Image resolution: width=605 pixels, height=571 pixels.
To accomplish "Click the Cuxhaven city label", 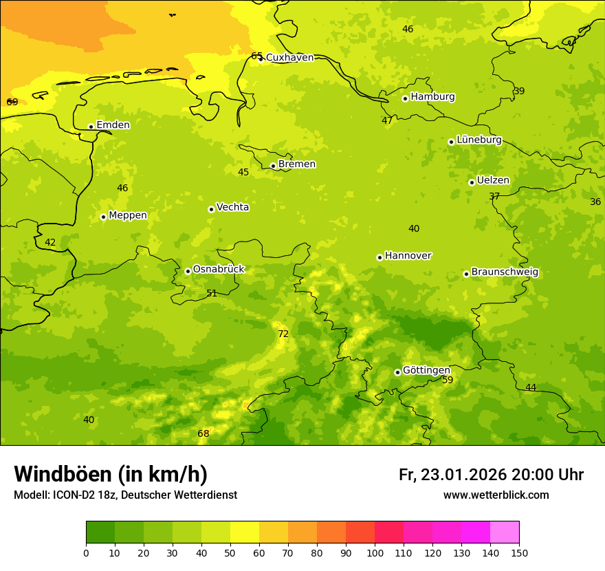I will tap(289, 58).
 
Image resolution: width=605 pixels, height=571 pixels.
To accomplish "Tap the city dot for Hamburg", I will tap(405, 98).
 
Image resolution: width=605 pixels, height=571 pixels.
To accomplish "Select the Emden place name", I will tap(113, 125).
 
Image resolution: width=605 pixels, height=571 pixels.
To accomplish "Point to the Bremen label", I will tap(297, 164).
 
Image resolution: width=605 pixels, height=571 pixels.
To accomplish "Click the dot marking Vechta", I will tap(211, 209).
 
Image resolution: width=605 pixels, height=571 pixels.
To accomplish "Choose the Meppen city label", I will tap(128, 215).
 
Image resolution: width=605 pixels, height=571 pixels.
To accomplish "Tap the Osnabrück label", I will tap(219, 270).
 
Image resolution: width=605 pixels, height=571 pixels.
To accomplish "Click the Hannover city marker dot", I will tap(379, 257).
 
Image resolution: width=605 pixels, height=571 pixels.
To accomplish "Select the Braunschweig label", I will tap(505, 272).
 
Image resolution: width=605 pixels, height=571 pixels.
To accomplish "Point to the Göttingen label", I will tap(426, 370).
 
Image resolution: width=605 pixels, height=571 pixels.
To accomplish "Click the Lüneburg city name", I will tap(479, 140).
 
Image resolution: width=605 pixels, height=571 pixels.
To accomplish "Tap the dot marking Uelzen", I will tap(472, 182).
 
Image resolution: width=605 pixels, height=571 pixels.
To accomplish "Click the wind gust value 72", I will tap(283, 334).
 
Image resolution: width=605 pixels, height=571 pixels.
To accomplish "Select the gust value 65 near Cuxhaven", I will tap(256, 56).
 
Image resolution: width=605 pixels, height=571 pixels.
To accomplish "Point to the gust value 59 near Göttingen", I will tap(448, 380).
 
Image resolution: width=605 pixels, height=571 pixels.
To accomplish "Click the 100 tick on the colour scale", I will tap(375, 552).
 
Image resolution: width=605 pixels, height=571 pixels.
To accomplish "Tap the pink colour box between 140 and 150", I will tap(505, 532).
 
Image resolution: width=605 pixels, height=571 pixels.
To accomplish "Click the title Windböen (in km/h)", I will tap(111, 474).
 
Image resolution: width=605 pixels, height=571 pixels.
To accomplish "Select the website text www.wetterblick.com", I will tap(496, 495).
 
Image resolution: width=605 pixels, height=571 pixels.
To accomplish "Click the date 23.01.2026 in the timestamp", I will tap(463, 475).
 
